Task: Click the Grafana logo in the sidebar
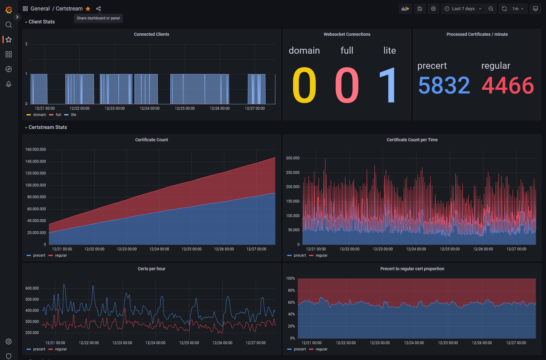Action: click(9, 10)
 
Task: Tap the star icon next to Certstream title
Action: click(88, 9)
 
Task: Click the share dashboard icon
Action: click(98, 9)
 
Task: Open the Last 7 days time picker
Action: click(463, 9)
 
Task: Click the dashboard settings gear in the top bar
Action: click(433, 9)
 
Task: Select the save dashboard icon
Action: click(420, 9)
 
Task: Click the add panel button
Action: click(405, 9)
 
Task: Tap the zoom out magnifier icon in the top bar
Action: click(491, 9)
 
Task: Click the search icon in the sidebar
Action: click(9, 25)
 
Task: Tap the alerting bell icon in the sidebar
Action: click(9, 84)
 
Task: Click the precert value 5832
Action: click(444, 85)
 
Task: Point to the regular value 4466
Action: click(508, 85)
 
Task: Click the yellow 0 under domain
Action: click(304, 85)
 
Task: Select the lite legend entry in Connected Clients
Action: click(73, 115)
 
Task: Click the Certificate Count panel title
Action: click(151, 140)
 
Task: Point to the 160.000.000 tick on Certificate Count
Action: click(35, 149)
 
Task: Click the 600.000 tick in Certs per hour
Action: click(32, 288)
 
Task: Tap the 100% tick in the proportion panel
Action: click(290, 278)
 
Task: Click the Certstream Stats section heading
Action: click(48, 127)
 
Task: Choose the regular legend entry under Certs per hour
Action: click(61, 349)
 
